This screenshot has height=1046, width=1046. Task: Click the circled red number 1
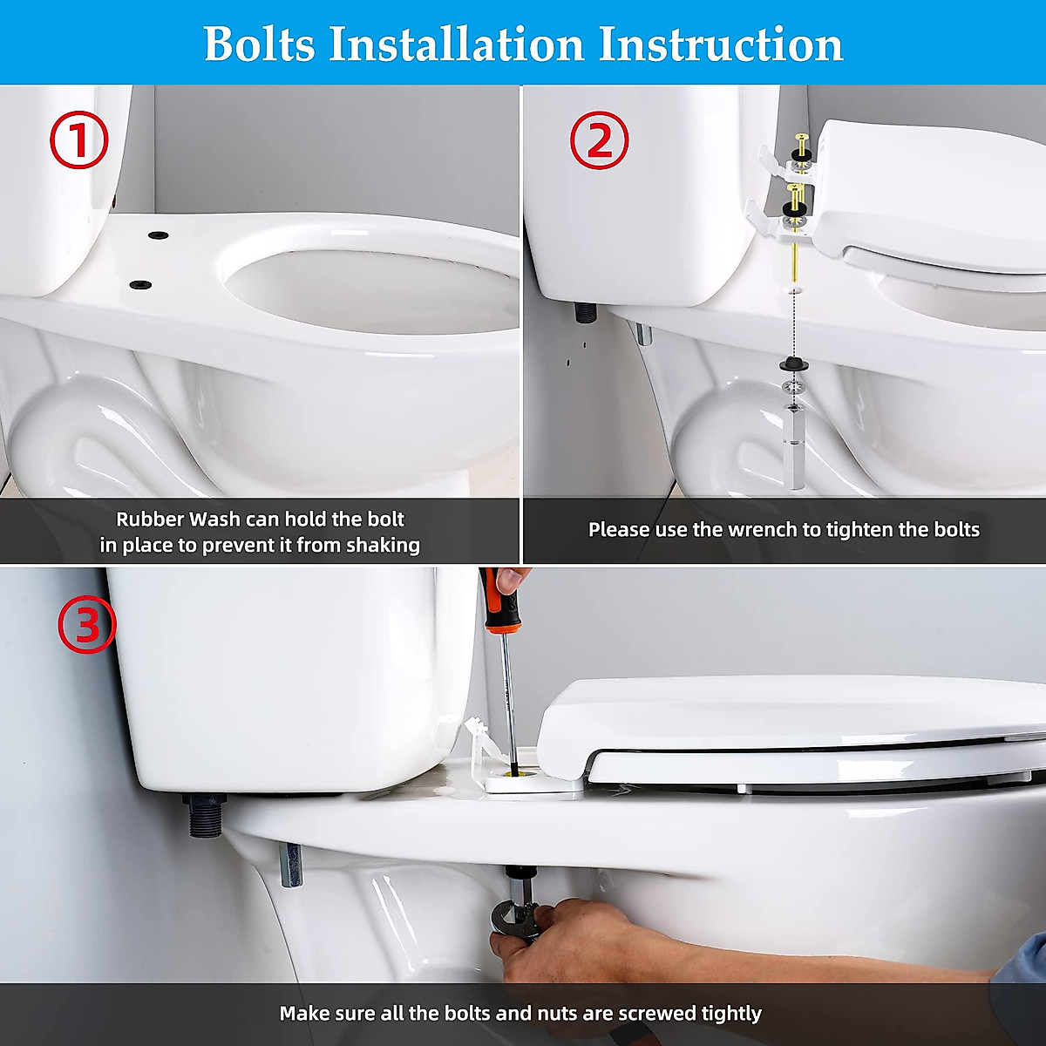click(79, 140)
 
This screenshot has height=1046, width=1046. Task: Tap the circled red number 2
click(599, 140)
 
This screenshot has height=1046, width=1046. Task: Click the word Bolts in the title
click(260, 44)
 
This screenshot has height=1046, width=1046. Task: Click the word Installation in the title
click(457, 44)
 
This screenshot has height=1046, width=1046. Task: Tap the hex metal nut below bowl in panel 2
click(792, 447)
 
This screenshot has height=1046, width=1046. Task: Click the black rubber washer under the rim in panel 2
click(794, 364)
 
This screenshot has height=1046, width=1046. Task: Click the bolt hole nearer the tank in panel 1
click(159, 235)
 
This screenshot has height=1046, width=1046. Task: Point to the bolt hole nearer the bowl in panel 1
click(140, 284)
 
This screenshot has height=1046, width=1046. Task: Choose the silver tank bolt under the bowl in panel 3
click(289, 864)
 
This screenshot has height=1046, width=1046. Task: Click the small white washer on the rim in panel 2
click(795, 287)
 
